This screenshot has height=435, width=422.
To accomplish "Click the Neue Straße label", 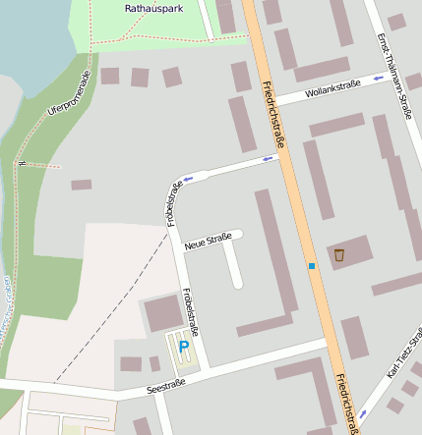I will pyautogui.click(x=207, y=238).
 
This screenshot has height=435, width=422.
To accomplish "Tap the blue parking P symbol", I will pyautogui.click(x=183, y=348).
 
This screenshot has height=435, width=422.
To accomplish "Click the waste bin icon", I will pyautogui.click(x=339, y=254).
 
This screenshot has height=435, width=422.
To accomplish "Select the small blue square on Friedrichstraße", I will pyautogui.click(x=312, y=266).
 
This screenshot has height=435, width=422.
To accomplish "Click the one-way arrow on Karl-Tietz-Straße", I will pyautogui.click(x=363, y=412).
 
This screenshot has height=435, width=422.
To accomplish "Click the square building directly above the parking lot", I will pyautogui.click(x=162, y=314).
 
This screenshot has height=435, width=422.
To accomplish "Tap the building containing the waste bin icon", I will pyautogui.click(x=349, y=252).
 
